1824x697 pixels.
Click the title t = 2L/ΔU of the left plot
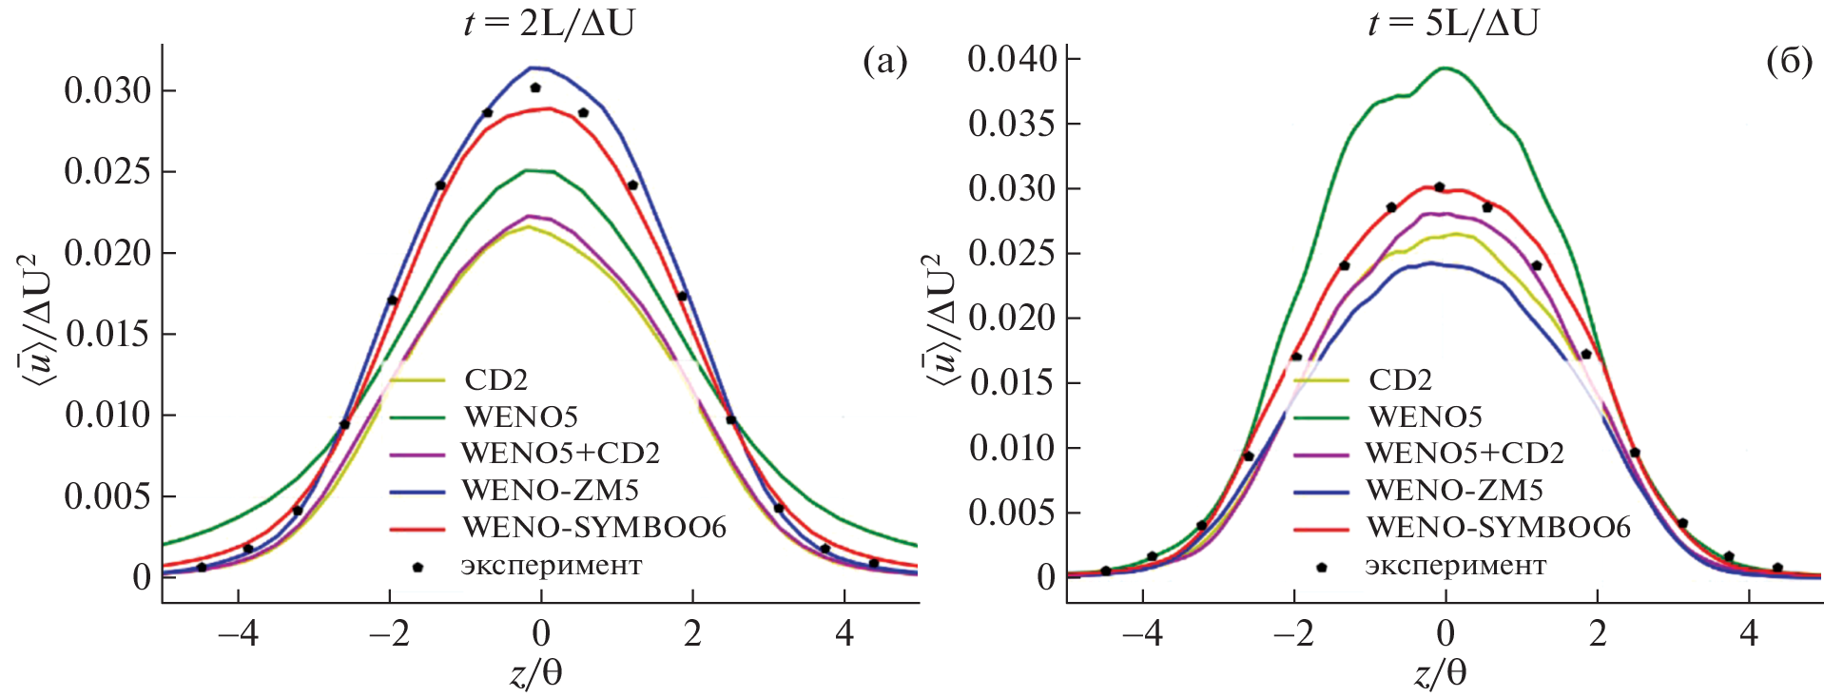549,22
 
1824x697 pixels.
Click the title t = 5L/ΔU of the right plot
1452,22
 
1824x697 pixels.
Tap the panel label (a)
884,63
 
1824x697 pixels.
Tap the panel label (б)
1789,63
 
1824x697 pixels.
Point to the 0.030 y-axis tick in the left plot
107,91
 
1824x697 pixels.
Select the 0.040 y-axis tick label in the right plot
1012,59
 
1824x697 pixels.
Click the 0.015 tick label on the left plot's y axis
107,335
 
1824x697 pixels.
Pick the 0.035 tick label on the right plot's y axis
1012,124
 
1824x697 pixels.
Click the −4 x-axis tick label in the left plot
237,634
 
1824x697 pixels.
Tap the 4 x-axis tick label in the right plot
1749,634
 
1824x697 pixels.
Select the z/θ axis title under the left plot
536,674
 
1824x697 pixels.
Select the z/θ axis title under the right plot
1441,674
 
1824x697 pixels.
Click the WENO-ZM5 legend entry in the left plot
550,490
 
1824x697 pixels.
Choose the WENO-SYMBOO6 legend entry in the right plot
1498,527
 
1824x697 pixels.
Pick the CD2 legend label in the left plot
495,379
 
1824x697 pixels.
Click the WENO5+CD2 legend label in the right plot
1465,453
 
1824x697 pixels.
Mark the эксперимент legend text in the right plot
1455,566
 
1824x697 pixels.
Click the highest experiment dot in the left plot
535,87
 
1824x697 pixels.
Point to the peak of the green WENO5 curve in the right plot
1446,68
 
